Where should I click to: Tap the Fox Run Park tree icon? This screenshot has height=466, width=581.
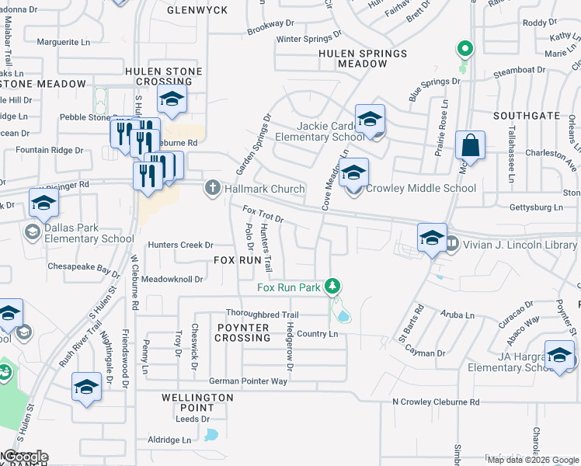[x=332, y=287]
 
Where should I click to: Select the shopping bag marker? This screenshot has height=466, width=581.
[x=470, y=145]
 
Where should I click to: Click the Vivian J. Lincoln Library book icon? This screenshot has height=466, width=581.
[x=452, y=244]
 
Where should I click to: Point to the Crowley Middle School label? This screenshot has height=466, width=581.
[x=421, y=188]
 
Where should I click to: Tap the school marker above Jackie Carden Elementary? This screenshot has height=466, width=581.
[x=371, y=119]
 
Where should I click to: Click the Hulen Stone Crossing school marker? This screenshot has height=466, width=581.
[x=172, y=99]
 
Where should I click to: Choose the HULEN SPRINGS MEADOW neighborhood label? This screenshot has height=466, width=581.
[x=363, y=59]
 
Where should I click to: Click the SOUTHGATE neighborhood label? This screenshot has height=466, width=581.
[x=526, y=116]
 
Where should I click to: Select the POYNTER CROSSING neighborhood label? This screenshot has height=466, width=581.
[x=242, y=333]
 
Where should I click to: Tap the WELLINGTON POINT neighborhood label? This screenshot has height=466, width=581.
[x=197, y=402]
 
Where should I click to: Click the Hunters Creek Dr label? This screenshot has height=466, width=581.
[x=175, y=245]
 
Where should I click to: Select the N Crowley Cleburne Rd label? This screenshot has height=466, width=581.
[x=435, y=402]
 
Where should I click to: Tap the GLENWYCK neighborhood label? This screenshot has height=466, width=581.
[x=197, y=10]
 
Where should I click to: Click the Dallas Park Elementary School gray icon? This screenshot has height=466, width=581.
[x=32, y=231]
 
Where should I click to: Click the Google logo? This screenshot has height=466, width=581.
[x=26, y=457]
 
